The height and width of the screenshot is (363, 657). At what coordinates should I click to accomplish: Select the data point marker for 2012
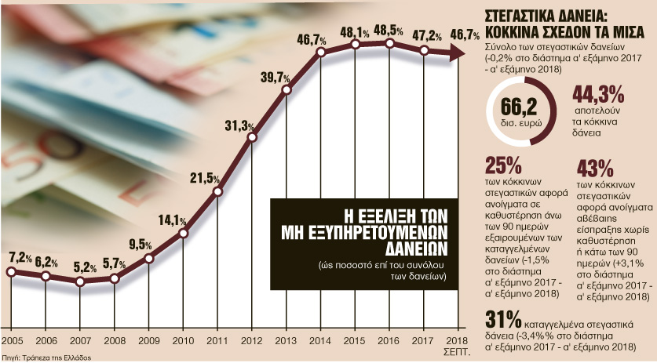coord(252,138)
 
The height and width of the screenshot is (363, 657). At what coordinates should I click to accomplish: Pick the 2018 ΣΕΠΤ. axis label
coord(458,346)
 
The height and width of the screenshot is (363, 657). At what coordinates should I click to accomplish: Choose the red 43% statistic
coord(594,168)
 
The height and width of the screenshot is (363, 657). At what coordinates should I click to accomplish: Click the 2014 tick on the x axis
coord(320,342)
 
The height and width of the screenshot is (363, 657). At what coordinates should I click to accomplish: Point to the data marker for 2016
coord(389,44)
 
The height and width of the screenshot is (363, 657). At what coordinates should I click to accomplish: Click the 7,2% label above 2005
coord(21,257)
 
